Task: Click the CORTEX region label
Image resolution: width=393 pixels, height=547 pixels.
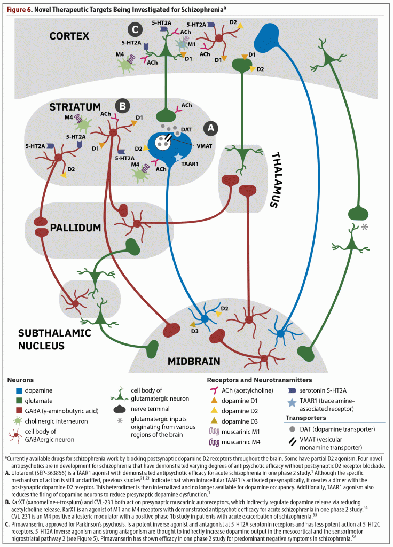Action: coord(69,36)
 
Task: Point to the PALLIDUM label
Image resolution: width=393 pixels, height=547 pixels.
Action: coord(76,228)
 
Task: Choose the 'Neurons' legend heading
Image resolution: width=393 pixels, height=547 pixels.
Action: coord(20,380)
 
